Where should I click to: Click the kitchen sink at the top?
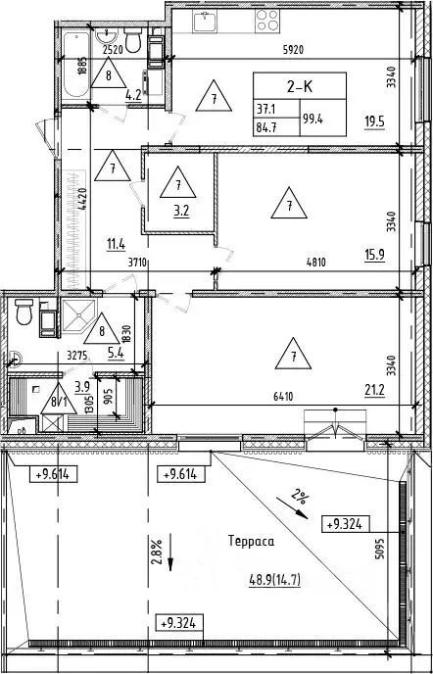click(205, 22)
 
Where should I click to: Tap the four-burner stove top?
click(267, 21)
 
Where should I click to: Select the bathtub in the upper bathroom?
click(76, 65)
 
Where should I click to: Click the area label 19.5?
click(374, 122)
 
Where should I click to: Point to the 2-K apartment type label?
click(300, 86)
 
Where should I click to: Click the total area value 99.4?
click(313, 119)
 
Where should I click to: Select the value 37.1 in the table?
click(265, 110)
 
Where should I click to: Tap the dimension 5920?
click(293, 50)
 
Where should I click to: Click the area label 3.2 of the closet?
click(177, 211)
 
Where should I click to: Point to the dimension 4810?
click(316, 263)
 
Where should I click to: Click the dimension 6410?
click(282, 397)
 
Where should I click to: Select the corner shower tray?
click(78, 315)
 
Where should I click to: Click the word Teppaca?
click(251, 541)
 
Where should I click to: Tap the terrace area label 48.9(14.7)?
click(274, 581)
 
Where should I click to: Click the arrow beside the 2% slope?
click(292, 508)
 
